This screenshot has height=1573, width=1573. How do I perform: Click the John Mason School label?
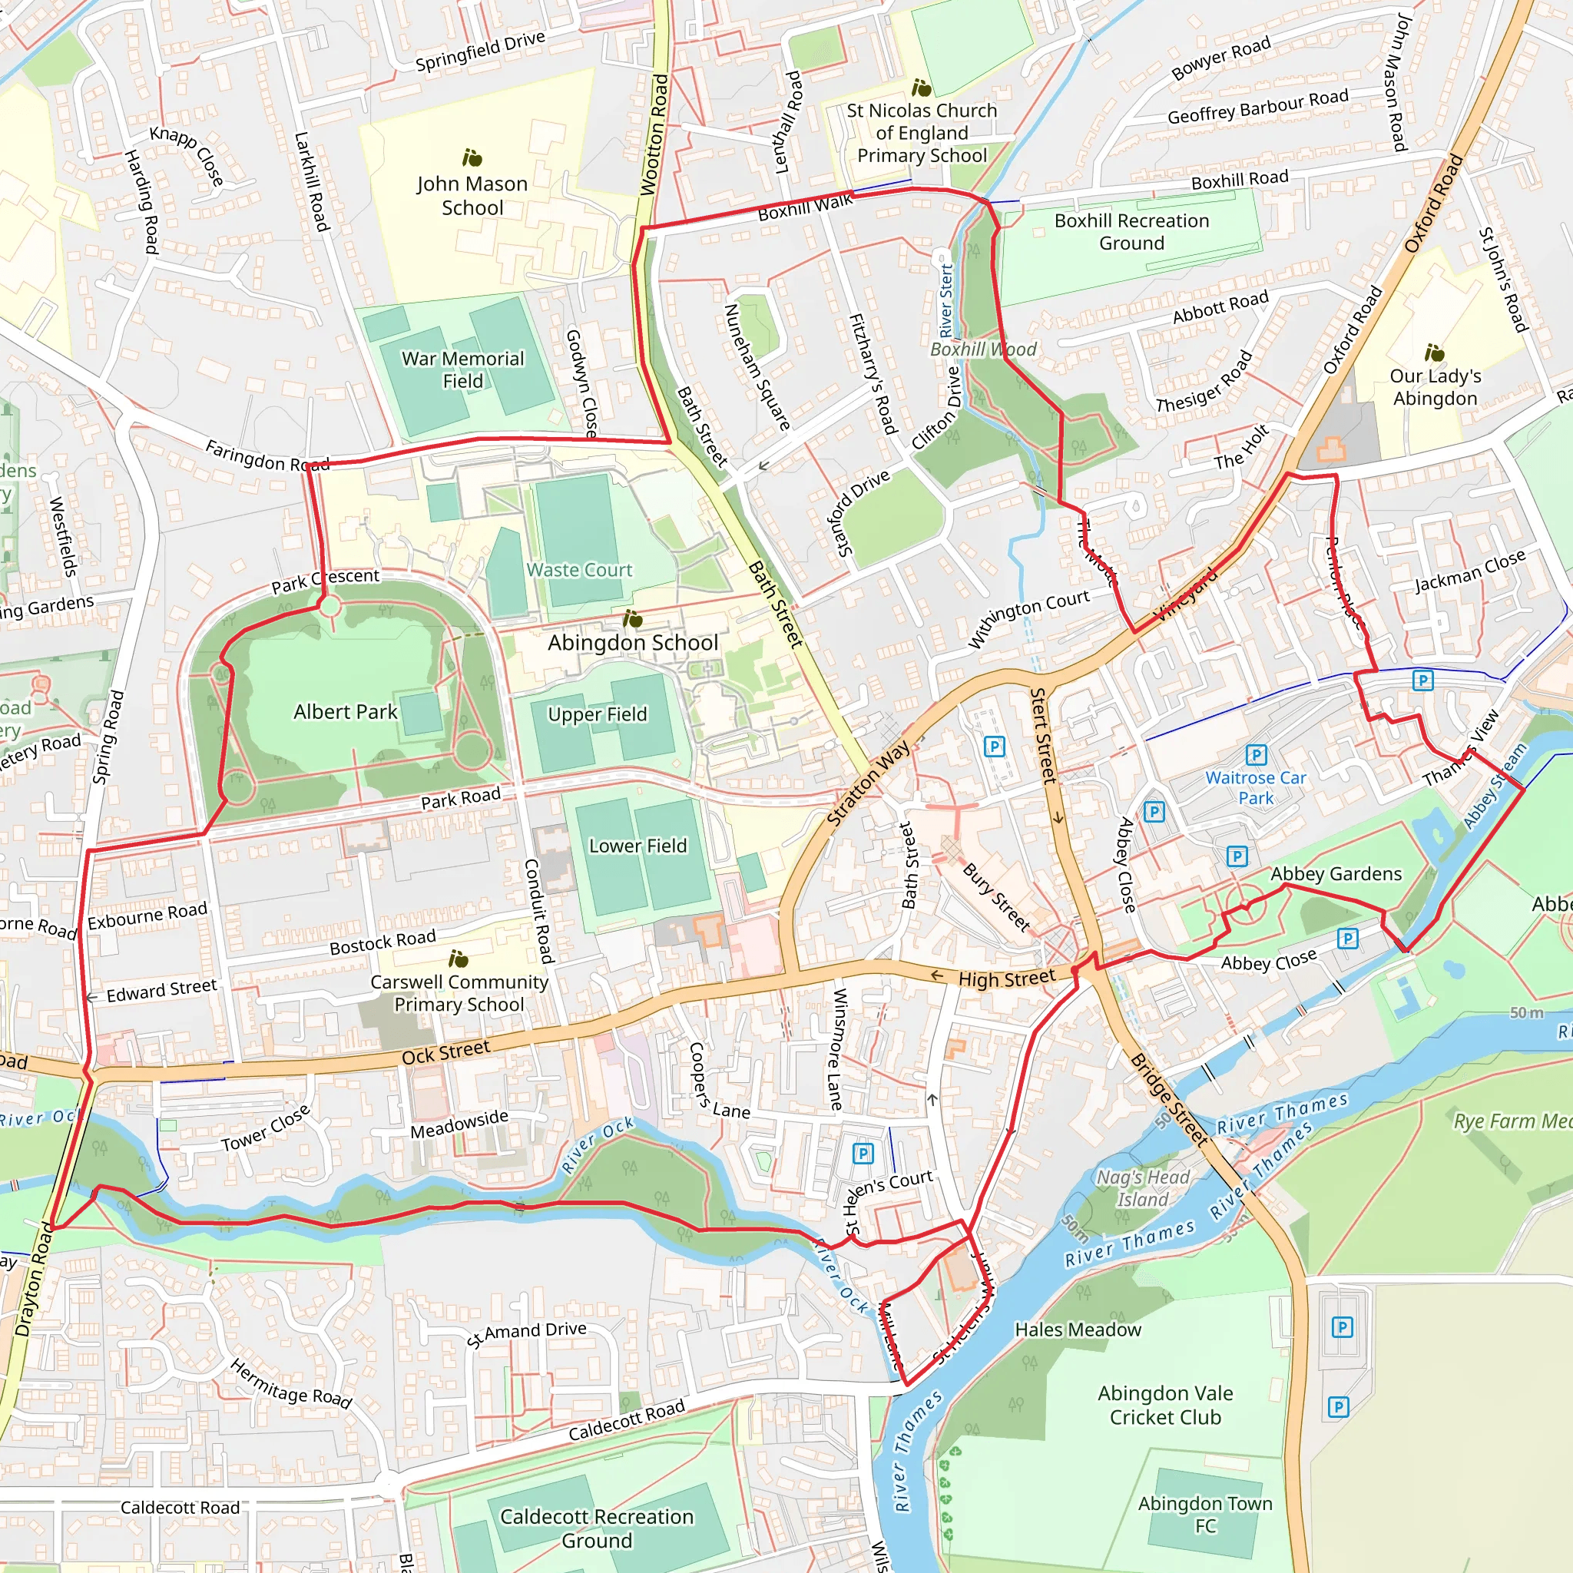pos(472,196)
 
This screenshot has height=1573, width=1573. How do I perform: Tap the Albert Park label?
pos(345,713)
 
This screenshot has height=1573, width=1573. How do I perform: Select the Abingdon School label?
pos(633,643)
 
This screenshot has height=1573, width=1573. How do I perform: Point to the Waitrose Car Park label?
pos(1256,788)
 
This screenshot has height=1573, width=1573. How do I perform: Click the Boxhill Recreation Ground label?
pos(1131,232)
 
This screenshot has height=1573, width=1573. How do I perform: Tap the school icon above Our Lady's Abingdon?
pos(1434,353)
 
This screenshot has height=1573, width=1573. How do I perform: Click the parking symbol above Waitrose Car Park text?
pos(1256,755)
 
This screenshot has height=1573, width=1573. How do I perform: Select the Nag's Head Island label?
pos(1142,1188)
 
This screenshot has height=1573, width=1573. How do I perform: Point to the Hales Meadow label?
pos(1077,1330)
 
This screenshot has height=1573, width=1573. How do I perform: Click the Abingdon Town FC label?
pos(1204,1515)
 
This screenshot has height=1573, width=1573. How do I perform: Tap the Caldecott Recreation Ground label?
pos(596,1528)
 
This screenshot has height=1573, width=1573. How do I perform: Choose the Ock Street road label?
pos(445,1053)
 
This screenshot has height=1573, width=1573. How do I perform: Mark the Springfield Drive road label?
pos(479,51)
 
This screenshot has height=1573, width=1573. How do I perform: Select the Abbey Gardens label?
pos(1336,874)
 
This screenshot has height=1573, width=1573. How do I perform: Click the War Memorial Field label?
pos(462,369)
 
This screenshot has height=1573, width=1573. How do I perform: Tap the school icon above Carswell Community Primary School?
pos(459,959)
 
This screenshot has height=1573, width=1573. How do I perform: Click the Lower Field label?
pos(637,846)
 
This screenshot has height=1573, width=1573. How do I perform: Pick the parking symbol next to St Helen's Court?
pos(863,1153)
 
